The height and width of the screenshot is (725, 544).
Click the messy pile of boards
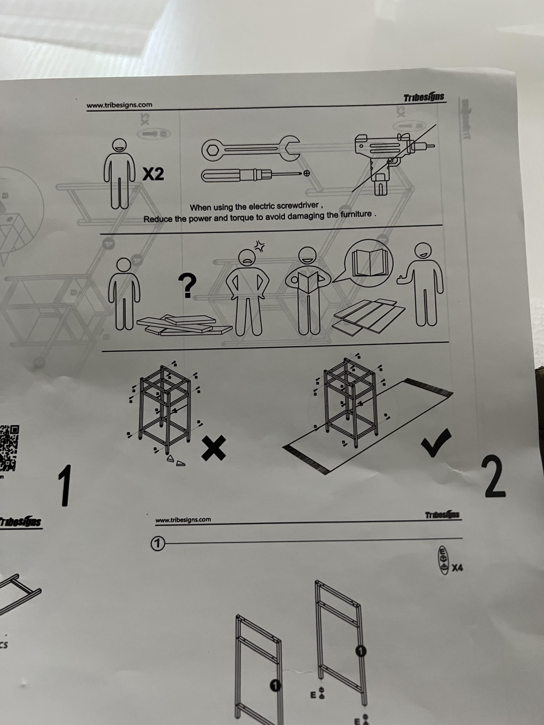pyautogui.click(x=184, y=325)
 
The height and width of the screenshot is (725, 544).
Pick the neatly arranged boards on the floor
pyautogui.click(x=369, y=316)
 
